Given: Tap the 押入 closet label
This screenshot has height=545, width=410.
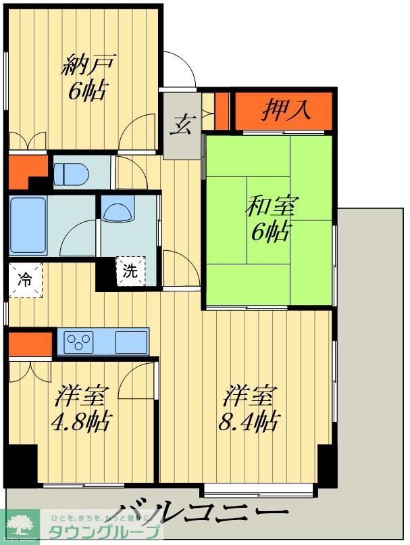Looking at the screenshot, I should pos(286,109).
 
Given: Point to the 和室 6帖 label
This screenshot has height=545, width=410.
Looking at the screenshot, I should pos(268,218).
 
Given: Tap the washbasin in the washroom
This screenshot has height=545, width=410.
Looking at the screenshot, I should pos(119,212).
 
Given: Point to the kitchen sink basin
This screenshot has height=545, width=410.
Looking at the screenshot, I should pos(130,341).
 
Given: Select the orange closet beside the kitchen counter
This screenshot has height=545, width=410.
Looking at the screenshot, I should pos(30,343).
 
